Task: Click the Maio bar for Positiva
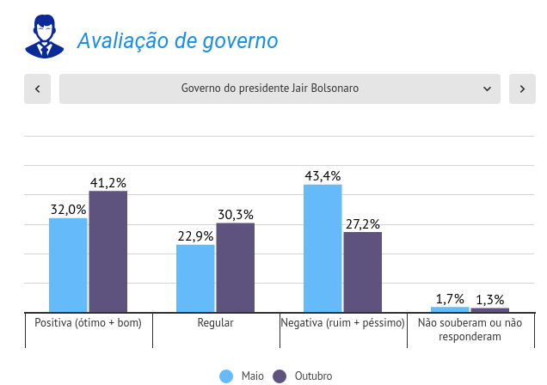68,265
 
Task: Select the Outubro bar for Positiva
108,251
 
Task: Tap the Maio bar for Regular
195,278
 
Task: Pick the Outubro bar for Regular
236,267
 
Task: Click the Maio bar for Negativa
323,247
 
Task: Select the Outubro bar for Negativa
363,272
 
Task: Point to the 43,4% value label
323,176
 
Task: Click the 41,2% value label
108,182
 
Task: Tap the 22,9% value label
195,236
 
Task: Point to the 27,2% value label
363,223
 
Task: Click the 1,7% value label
450,299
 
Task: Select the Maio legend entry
243,376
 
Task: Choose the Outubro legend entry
303,376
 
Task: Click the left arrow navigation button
38,89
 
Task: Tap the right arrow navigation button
522,89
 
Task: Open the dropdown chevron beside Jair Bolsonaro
487,89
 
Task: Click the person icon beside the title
44,37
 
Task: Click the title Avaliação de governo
177,40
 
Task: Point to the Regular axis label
215,323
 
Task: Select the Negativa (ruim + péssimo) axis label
342,323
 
